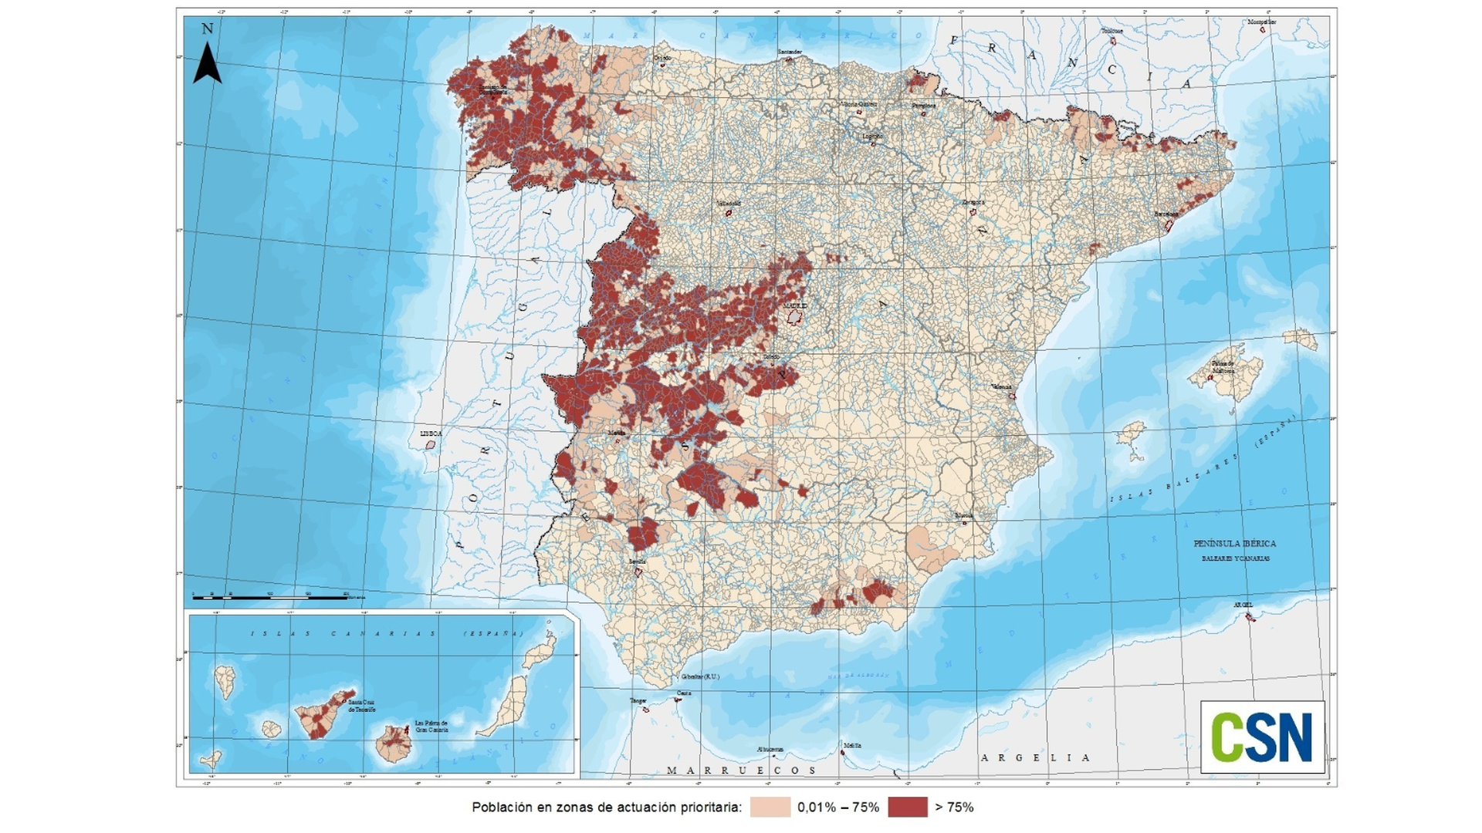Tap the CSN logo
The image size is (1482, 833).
tap(1262, 737)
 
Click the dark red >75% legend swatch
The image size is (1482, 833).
tap(907, 807)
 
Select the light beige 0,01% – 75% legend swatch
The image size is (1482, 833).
tap(770, 807)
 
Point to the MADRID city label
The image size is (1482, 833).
tap(795, 306)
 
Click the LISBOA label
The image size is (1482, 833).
tap(431, 434)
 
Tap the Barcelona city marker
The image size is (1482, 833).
tap(1169, 225)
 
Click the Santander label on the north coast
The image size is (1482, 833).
tap(790, 52)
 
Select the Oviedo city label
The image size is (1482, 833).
tap(662, 58)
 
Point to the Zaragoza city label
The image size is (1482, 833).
tap(973, 202)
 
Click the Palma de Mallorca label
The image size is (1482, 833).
tap(1223, 366)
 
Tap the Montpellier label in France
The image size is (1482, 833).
tap(1262, 22)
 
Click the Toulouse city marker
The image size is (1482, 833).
tap(1113, 40)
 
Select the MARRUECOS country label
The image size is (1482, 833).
tap(741, 770)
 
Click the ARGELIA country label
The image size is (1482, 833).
tap(1035, 757)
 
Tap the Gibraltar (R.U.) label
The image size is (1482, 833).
tap(699, 676)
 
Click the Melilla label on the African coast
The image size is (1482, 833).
tap(852, 745)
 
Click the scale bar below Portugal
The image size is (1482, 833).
tap(270, 596)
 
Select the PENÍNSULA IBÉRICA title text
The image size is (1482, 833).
tap(1234, 544)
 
